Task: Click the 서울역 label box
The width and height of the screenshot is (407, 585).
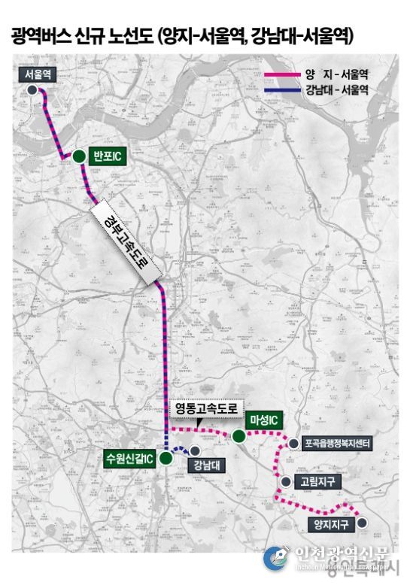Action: click(x=37, y=74)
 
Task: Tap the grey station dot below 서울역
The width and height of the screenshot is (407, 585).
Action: click(x=32, y=89)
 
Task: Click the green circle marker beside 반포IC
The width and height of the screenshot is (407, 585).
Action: click(x=78, y=156)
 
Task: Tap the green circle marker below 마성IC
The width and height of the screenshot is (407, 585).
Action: click(x=238, y=436)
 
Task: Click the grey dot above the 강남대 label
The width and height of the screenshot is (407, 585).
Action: click(x=195, y=450)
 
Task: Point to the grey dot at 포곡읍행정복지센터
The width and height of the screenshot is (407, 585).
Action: click(x=293, y=444)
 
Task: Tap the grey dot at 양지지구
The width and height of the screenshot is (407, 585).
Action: click(x=362, y=523)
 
